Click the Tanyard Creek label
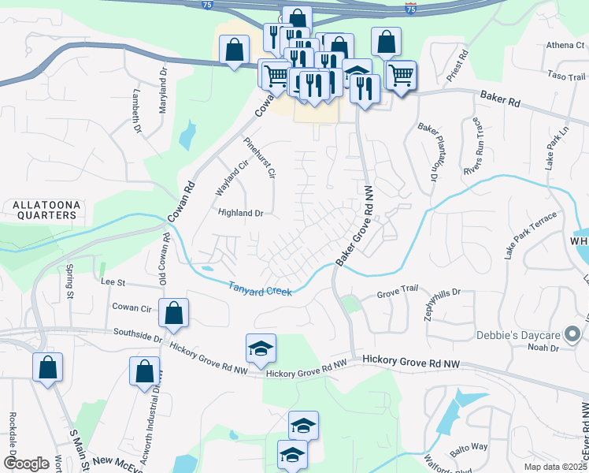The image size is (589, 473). tap(261, 289)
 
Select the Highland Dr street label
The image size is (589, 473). tap(240, 213)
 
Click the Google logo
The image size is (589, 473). tap(26, 464)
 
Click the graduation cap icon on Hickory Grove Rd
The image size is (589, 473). tap(261, 350)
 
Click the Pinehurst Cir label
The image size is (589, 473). tap(260, 157)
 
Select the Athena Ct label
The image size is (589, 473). tap(559, 46)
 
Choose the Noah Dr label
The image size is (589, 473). tap(543, 348)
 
